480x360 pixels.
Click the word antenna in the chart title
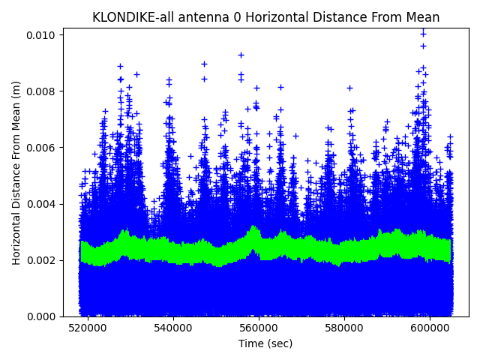(197, 17)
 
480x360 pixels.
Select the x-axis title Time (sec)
(265, 343)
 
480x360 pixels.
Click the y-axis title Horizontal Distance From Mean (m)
(16, 172)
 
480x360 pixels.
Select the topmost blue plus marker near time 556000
(241, 55)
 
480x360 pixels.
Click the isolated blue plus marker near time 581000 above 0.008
(349, 88)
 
